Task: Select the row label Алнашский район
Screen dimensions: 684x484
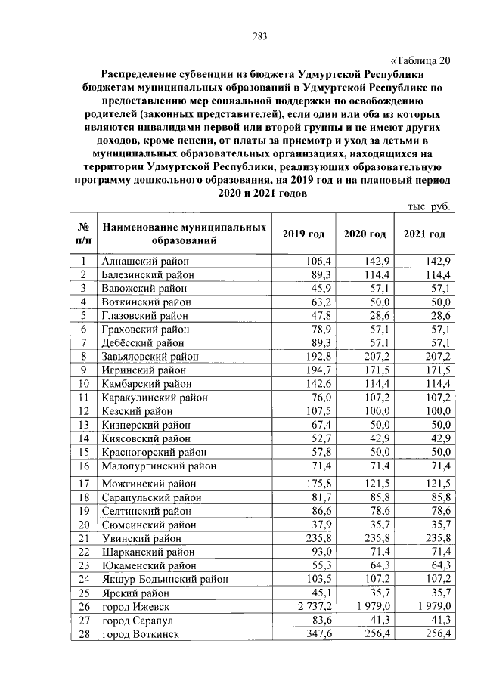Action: click(x=144, y=261)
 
